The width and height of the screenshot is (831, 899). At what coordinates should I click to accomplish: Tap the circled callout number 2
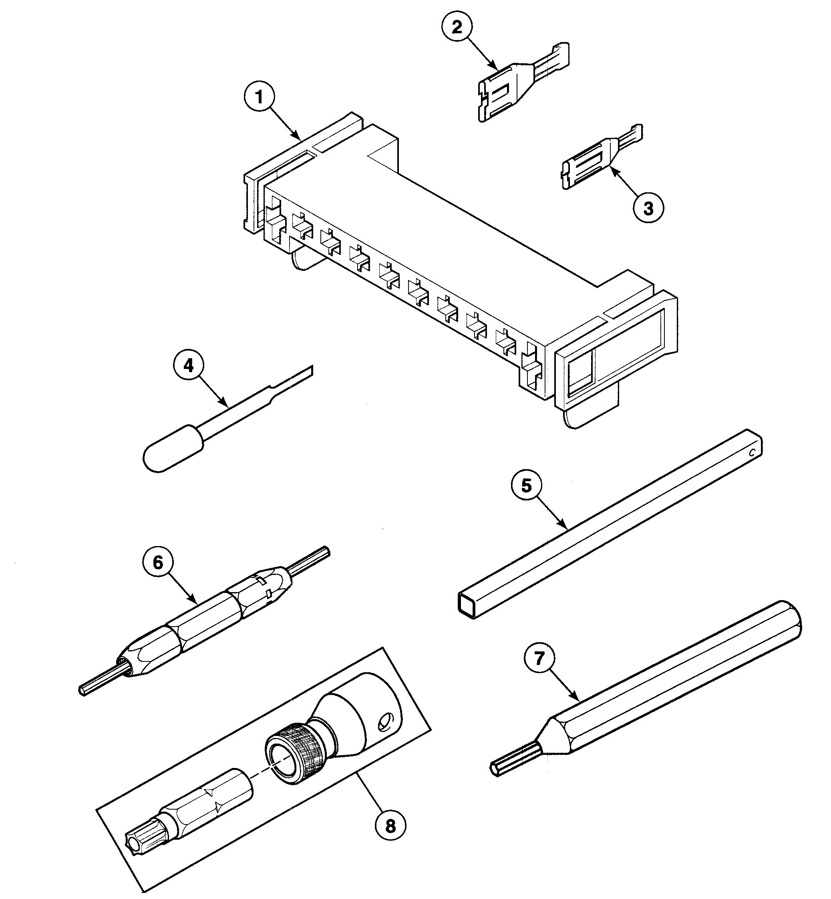[457, 28]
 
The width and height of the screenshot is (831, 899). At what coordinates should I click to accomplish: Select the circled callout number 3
[648, 208]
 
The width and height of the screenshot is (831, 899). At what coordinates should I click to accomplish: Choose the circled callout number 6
[158, 563]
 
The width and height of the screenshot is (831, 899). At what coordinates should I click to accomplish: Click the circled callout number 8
[390, 826]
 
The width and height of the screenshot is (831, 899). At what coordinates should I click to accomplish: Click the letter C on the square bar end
[751, 454]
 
